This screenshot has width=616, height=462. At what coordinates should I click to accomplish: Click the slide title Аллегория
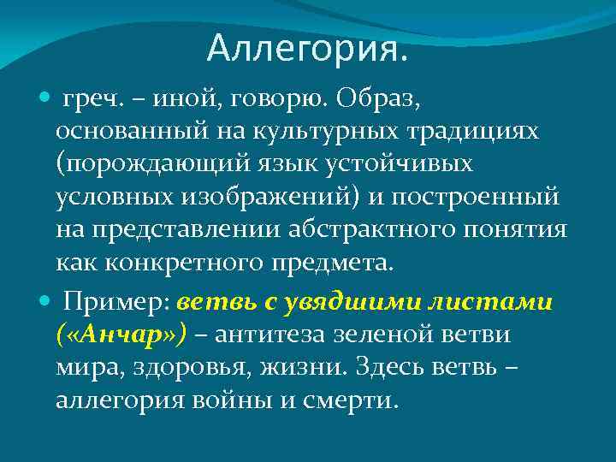307,49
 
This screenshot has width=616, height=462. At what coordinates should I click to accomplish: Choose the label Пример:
118,302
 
